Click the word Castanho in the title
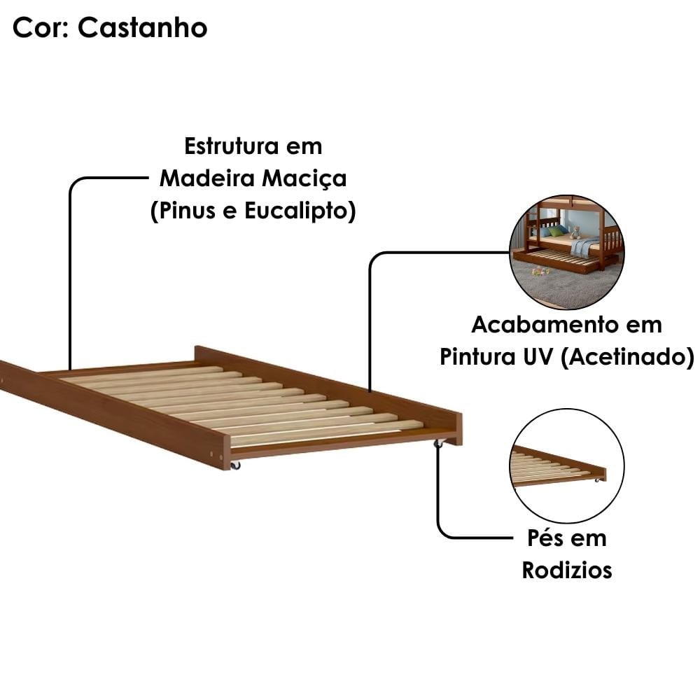[x=142, y=28]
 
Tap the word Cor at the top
[x=40, y=28]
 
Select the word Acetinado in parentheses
[x=628, y=357]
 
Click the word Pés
[x=544, y=538]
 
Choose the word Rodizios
[x=567, y=570]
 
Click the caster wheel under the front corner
[x=234, y=465]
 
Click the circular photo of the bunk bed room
[x=567, y=252]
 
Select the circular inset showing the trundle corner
[x=567, y=465]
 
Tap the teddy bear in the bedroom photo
[x=576, y=232]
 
